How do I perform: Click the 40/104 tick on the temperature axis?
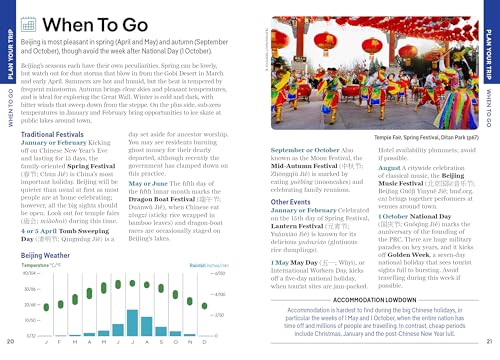pos(30,273)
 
